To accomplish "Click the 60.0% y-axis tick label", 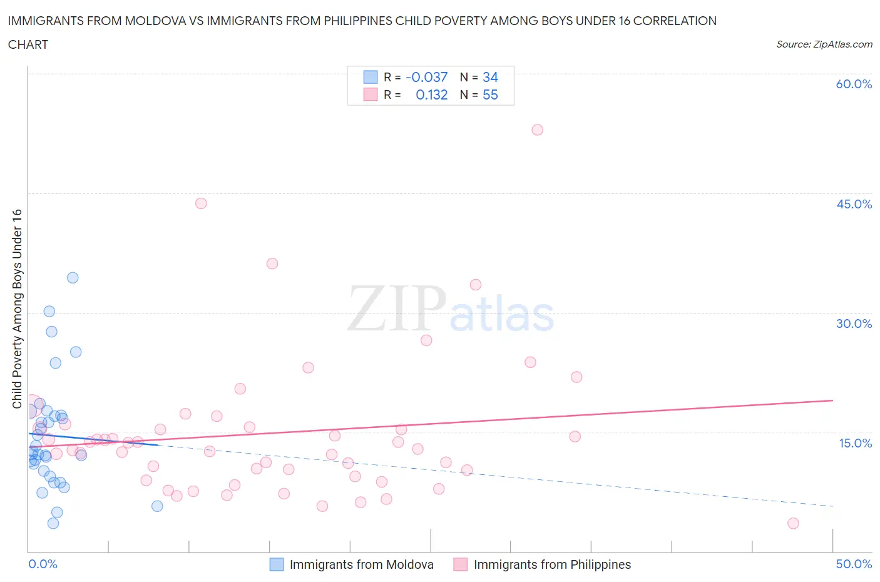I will tap(854, 84).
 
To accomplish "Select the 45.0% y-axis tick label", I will tap(854, 204).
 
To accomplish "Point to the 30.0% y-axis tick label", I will tap(854, 324).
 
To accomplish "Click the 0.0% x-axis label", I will tap(43, 564).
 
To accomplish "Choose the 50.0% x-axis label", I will tap(854, 564).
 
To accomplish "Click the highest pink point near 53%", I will tap(537, 130).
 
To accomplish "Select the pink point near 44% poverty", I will tap(201, 203).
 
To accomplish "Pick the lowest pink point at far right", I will tap(793, 523).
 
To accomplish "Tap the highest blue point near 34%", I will tap(73, 278).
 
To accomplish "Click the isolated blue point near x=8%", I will tap(157, 506).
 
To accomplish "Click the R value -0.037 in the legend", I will tap(426, 77).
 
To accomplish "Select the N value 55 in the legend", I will tap(490, 95).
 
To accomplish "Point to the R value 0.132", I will tap(431, 95).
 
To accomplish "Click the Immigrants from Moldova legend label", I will tap(361, 564).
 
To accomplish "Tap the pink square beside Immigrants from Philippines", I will tap(461, 564).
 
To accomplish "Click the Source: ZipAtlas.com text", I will tap(824, 44).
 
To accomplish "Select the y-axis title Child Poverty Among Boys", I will tap(18, 309).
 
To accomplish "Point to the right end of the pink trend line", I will tap(832, 400).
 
